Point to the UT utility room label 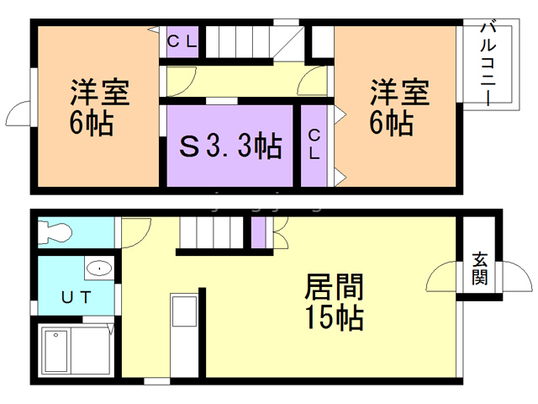tap(76, 295)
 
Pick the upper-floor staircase tap(244, 41)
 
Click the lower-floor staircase tap(211, 231)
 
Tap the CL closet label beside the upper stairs tap(181, 41)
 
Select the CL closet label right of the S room tap(314, 144)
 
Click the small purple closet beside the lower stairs tap(258, 232)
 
